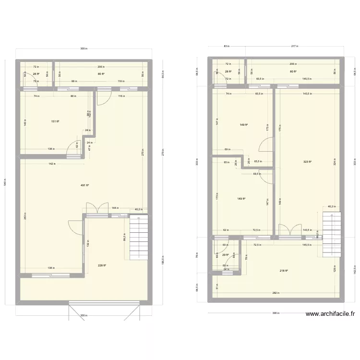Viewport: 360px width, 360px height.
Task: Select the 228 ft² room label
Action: tap(102, 265)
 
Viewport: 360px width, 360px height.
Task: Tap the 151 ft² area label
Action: tap(55, 121)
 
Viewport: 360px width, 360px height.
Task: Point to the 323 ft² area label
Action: tap(307, 162)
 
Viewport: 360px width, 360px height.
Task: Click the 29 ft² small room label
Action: tap(226, 255)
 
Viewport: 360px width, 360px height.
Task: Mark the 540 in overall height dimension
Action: tap(6, 182)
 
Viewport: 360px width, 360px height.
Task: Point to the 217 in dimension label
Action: tap(294, 47)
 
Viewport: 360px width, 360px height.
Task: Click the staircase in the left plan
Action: tap(138, 237)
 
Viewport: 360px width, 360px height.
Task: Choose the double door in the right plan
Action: tap(290, 230)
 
